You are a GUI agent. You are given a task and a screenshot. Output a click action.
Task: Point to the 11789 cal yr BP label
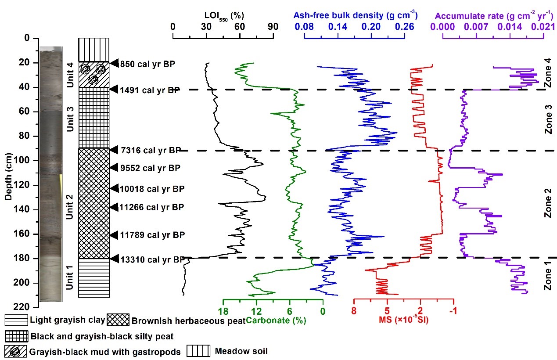(x=152, y=235)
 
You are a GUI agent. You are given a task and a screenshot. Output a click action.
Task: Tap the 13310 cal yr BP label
(x=152, y=259)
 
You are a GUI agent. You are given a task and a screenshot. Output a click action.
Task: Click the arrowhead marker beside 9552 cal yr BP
(x=114, y=167)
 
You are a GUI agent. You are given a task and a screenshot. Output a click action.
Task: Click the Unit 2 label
(x=69, y=208)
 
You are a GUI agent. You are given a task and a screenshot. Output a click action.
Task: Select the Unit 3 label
(x=69, y=119)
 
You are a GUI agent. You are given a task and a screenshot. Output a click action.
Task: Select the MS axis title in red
(x=403, y=320)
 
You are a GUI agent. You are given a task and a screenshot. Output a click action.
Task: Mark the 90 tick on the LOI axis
(x=273, y=26)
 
